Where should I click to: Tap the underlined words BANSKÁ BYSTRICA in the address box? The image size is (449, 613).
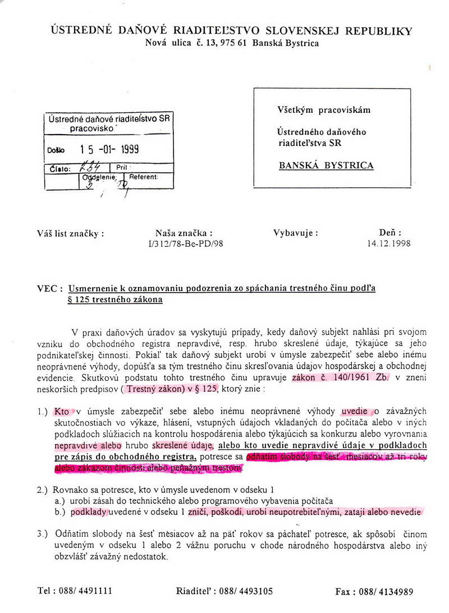326,165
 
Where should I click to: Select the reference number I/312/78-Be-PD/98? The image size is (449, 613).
184,244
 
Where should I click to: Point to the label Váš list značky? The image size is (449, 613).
70,234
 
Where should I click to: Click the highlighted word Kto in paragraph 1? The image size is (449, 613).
62,411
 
